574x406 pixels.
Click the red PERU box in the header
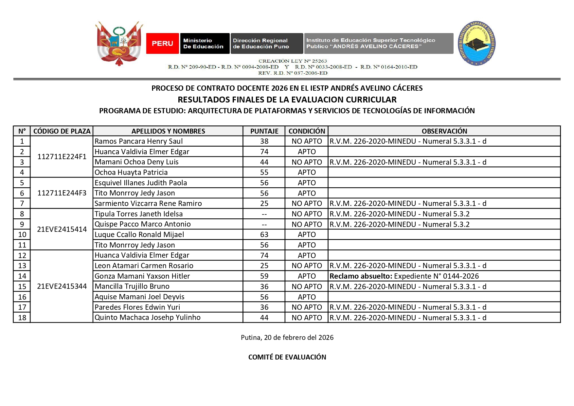(x=162, y=43)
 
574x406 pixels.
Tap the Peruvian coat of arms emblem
(x=119, y=43)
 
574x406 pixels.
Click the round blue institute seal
(x=476, y=43)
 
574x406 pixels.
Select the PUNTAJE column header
(x=264, y=131)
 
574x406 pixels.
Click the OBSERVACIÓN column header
(x=444, y=131)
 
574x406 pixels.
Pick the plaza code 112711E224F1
(x=62, y=157)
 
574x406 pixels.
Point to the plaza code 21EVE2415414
(x=62, y=229)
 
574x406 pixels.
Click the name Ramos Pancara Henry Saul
(x=139, y=141)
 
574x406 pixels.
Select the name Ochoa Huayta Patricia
(x=131, y=173)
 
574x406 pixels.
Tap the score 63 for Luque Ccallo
(x=264, y=235)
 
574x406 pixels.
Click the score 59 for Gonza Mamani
(x=264, y=276)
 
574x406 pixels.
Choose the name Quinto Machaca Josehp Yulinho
(x=147, y=318)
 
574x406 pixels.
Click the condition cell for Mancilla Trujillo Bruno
(x=307, y=287)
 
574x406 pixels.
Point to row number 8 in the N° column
(x=22, y=214)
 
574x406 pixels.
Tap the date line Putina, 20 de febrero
(x=287, y=338)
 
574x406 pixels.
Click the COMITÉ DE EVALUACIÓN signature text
(x=287, y=357)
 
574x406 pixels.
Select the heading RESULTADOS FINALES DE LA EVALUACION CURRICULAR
(x=287, y=100)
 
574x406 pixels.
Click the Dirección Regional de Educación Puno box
(x=267, y=43)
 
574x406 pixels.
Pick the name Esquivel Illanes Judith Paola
(x=141, y=183)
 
